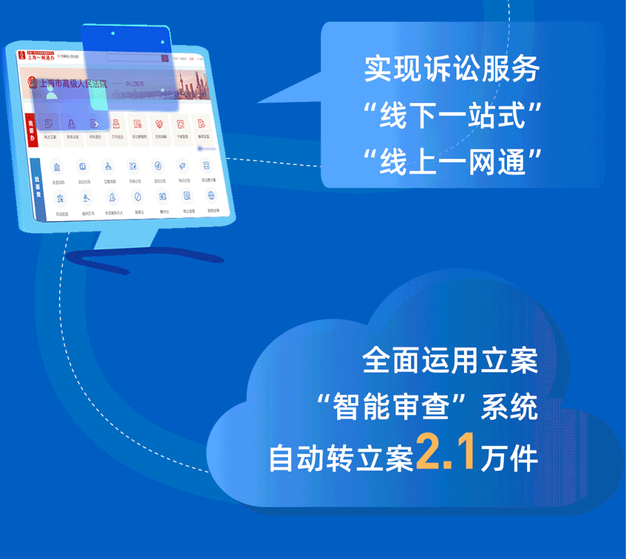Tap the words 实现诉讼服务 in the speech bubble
coord(452,69)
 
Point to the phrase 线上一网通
coord(451,162)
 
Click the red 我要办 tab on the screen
coord(31,131)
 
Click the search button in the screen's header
coord(165,59)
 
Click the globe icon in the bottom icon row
coord(211,195)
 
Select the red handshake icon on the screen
coord(158,124)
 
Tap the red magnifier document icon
coord(180,124)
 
